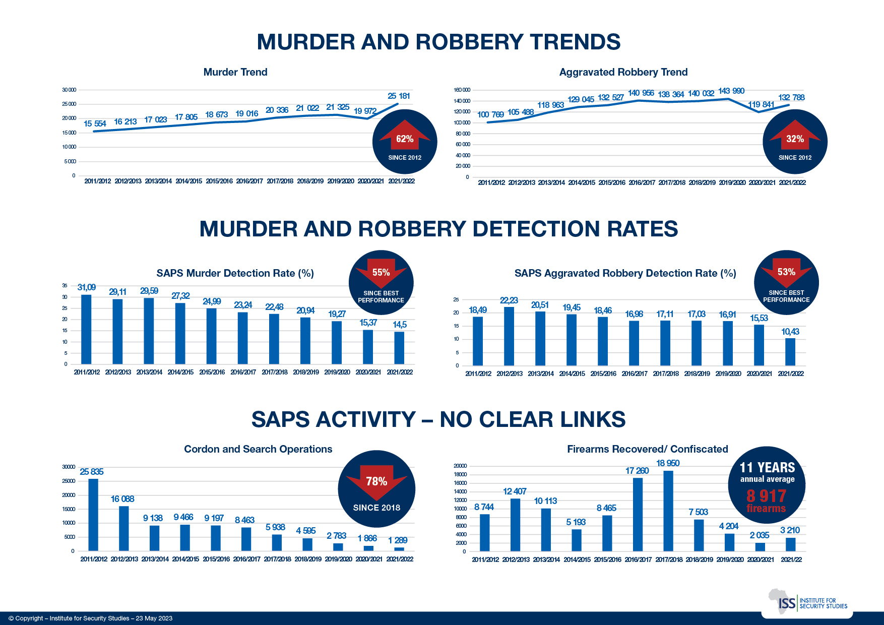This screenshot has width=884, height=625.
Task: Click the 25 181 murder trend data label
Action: [399, 96]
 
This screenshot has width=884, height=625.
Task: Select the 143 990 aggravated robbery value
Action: [731, 91]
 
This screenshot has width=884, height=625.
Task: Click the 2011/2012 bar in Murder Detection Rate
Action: [87, 329]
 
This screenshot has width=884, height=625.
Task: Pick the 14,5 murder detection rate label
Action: [400, 325]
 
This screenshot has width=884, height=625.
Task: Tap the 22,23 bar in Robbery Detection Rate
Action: [509, 336]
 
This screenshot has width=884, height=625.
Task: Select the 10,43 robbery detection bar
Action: [790, 352]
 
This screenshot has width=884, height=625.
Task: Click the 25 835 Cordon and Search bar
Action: [93, 515]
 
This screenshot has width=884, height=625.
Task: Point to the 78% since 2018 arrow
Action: [376, 480]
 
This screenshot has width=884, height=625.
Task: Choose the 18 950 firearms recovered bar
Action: [668, 511]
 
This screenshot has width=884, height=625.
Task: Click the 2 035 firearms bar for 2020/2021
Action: [760, 547]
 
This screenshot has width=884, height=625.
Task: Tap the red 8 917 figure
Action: [766, 496]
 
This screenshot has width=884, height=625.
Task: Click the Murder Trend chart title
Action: [235, 72]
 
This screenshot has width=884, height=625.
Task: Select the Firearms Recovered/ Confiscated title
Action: [648, 449]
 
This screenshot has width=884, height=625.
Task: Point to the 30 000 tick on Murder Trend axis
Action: [69, 90]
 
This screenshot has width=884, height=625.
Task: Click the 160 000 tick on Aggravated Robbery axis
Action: [462, 90]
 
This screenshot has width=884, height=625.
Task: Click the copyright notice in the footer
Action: [91, 618]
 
